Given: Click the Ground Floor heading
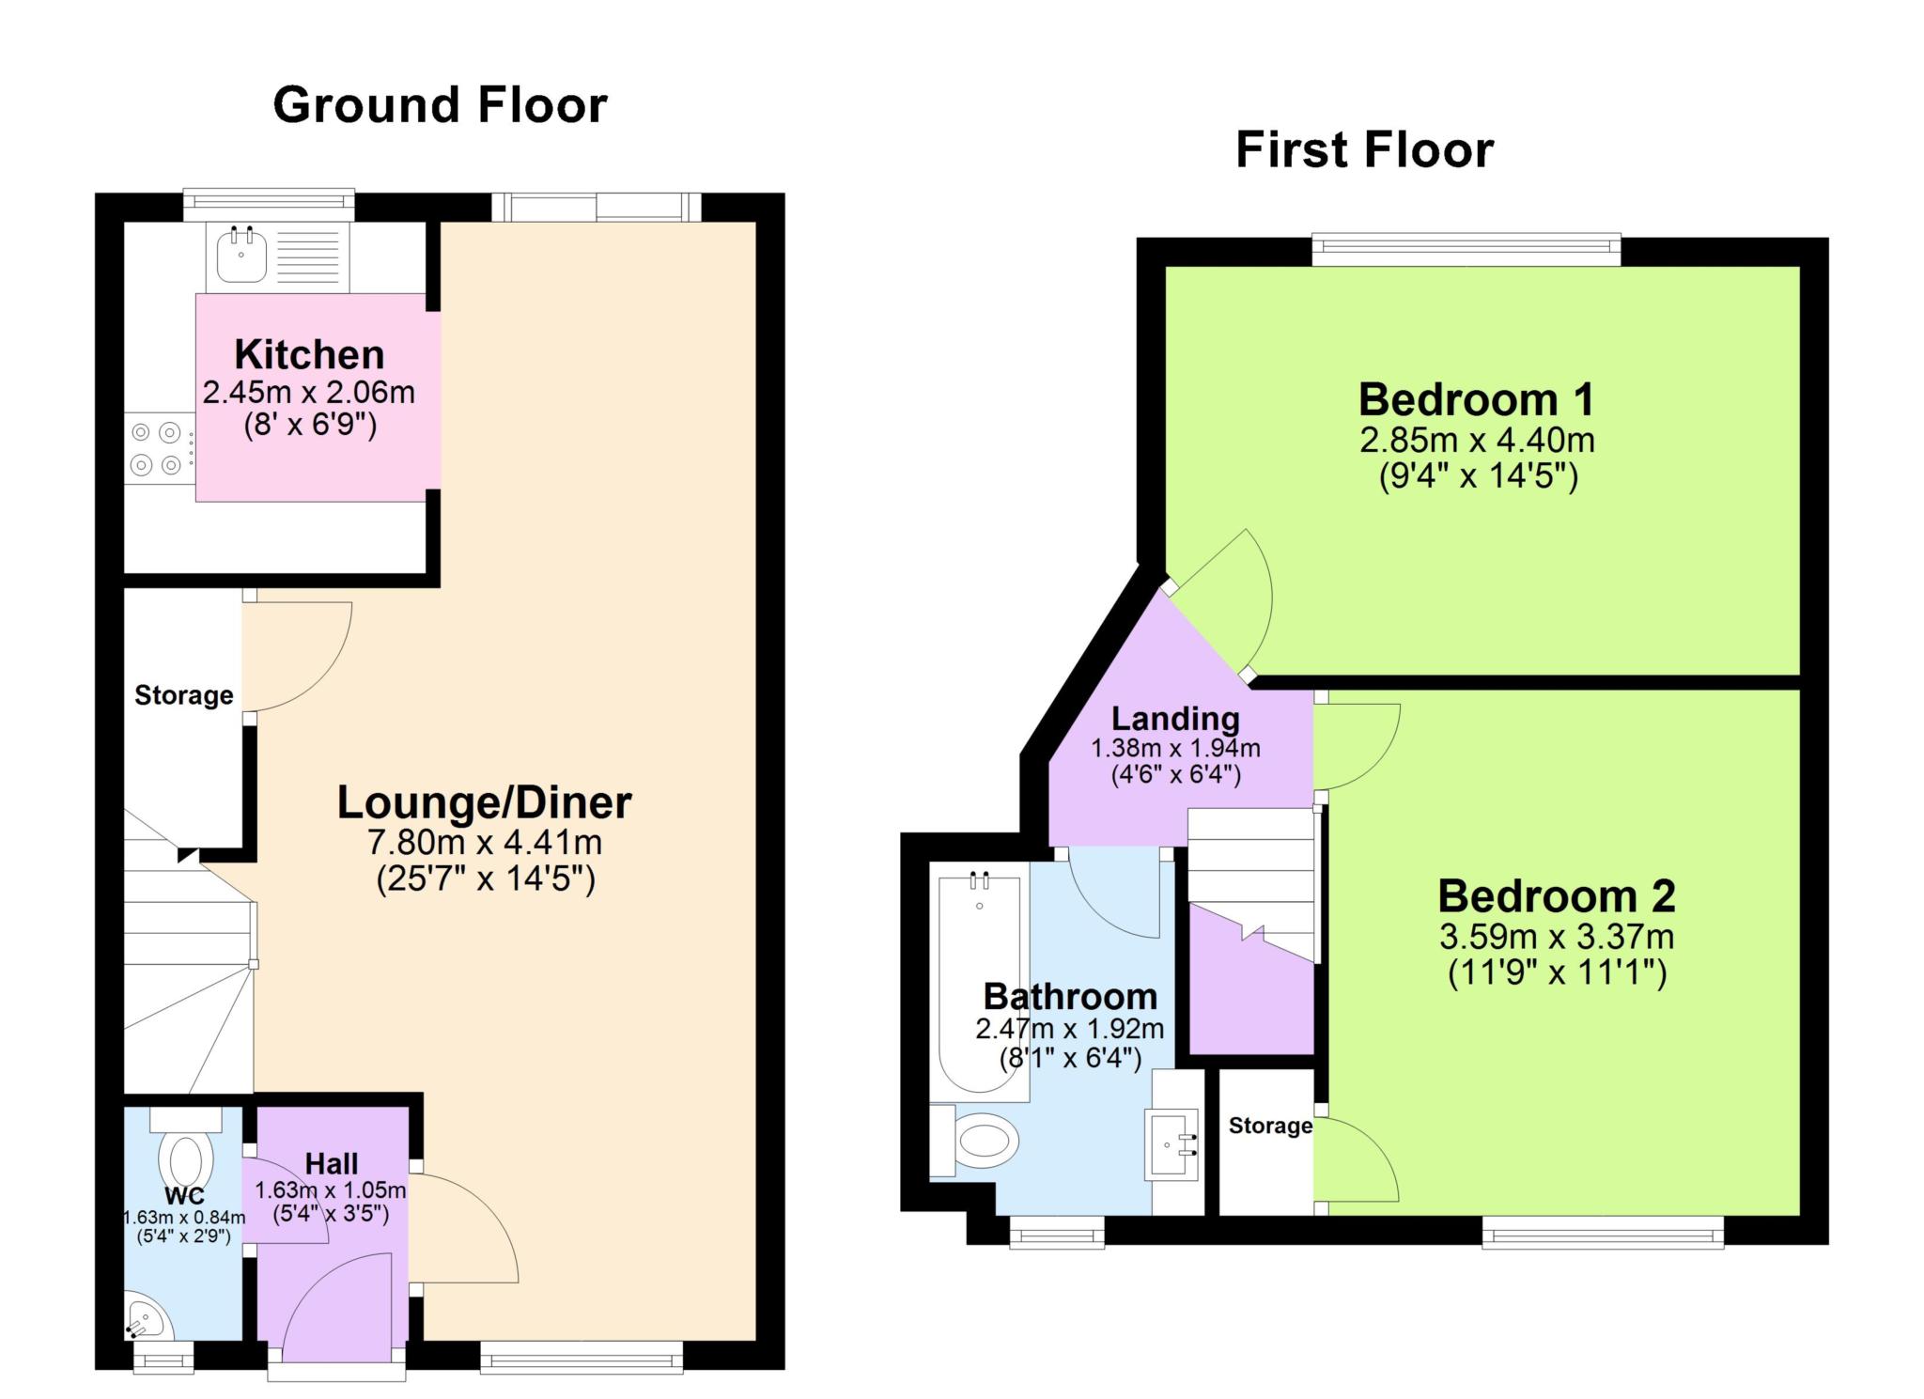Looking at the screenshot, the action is point(440,105).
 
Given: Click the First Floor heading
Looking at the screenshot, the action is point(1364,150).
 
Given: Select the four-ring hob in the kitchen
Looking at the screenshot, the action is point(157,449).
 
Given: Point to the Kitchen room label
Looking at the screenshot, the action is point(309,354).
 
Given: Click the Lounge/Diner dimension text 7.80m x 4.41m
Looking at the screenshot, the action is point(484,842).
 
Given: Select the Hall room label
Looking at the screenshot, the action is point(332,1164).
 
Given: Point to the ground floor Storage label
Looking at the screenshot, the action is point(184,695).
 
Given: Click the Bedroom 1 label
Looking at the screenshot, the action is point(1477,399).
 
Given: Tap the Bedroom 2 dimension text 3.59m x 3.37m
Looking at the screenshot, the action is point(1557,937).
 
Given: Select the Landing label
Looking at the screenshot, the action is point(1175,719).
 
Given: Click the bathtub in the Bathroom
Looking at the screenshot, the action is point(980,984).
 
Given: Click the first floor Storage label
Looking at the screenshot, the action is point(1270,1126).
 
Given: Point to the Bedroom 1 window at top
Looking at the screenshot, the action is point(1466,248).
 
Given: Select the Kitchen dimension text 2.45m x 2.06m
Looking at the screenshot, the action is point(309,392).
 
